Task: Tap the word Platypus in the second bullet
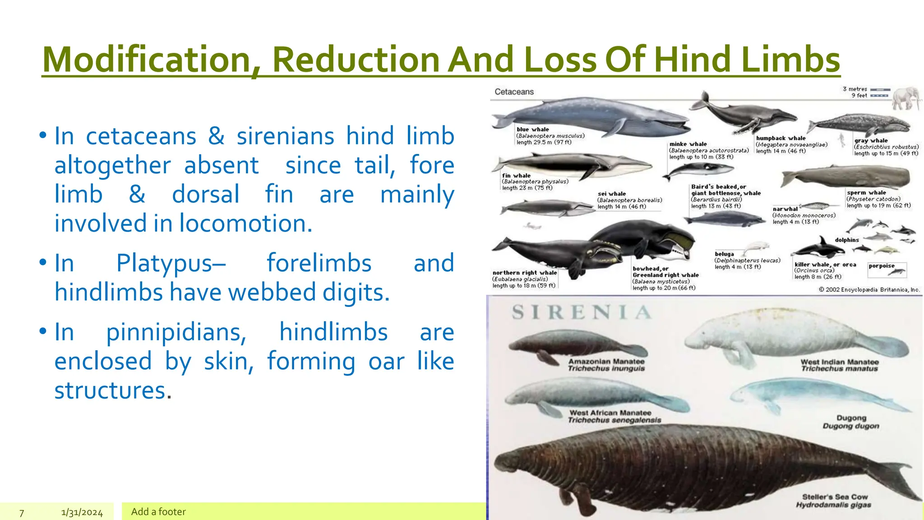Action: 171,263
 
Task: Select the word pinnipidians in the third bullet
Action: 176,333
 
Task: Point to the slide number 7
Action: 22,513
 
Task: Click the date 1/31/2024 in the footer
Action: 82,513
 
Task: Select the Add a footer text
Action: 158,512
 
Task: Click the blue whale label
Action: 532,130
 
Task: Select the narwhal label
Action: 785,209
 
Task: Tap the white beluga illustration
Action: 755,247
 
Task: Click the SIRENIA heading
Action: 582,312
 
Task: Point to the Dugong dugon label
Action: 851,422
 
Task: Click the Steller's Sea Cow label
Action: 835,501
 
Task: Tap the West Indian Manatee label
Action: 840,365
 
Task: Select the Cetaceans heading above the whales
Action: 514,92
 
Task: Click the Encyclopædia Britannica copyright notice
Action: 869,290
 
